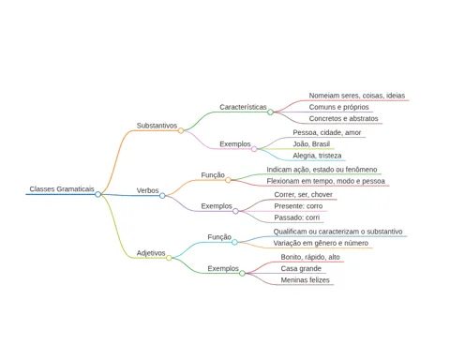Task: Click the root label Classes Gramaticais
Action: tap(62, 189)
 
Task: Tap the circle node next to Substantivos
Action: tap(181, 130)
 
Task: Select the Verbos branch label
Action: tap(147, 190)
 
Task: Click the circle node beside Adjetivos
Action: tap(169, 258)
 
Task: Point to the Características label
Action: tap(243, 107)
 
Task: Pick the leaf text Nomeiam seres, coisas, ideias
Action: tap(357, 96)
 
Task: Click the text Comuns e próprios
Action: tap(338, 107)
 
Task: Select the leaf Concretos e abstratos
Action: tap(343, 119)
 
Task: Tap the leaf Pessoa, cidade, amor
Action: tap(327, 132)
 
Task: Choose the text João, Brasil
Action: tap(311, 144)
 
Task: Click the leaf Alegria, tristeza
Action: tap(317, 156)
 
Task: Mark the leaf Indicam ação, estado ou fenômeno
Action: tap(322, 170)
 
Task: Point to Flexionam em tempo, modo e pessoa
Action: tap(325, 181)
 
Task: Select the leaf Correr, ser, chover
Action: tap(303, 195)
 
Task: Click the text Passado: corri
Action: tap(297, 217)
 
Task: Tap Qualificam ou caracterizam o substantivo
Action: tap(337, 232)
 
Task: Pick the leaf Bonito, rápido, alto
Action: tap(310, 257)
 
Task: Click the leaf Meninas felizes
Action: tap(305, 280)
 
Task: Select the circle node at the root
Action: tap(97, 194)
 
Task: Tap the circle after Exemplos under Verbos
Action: tap(235, 211)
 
